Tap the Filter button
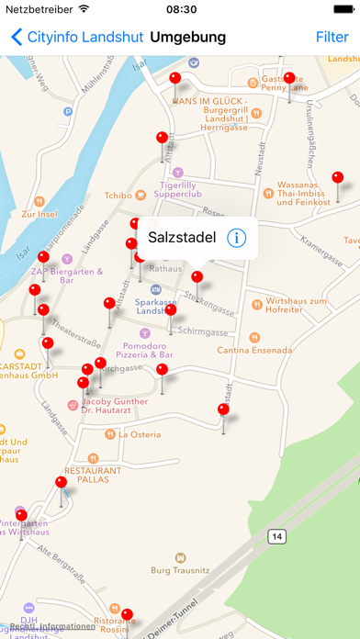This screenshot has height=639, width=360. click(332, 38)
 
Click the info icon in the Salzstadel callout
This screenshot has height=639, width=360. click(237, 239)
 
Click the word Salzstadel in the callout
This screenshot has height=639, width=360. click(182, 239)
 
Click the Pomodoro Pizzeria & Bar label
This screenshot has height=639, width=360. click(147, 350)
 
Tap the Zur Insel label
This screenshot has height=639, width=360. click(41, 214)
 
